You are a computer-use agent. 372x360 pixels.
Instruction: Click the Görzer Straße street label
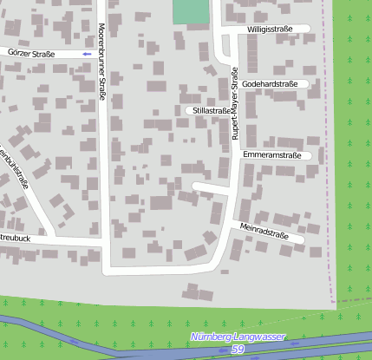(30, 54)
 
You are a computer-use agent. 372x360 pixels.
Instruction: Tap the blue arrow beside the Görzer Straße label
(85, 54)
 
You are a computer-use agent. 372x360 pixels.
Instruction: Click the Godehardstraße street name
(270, 84)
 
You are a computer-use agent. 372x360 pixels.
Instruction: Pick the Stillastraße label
(212, 111)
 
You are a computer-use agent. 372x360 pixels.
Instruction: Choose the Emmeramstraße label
(271, 155)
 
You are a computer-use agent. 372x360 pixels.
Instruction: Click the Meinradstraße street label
(264, 231)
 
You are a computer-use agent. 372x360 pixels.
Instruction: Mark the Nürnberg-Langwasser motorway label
(237, 337)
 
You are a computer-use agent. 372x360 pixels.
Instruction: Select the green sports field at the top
(191, 11)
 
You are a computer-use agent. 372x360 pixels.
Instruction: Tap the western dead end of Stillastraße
(188, 111)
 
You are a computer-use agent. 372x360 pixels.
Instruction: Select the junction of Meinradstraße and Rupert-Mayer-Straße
(232, 223)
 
